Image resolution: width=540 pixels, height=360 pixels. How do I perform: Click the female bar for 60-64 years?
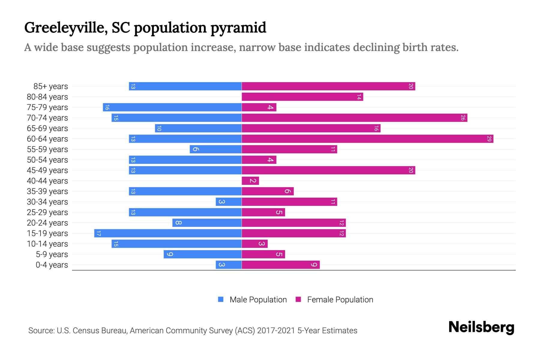click(x=367, y=139)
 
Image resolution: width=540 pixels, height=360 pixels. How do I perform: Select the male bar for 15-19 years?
click(x=168, y=233)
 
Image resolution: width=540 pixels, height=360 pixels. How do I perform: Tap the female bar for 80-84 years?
click(x=302, y=97)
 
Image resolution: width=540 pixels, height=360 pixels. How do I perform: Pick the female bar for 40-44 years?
click(x=250, y=181)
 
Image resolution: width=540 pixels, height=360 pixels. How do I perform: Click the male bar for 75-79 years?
click(x=172, y=107)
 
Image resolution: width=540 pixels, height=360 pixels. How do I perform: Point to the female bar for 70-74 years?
click(x=354, y=118)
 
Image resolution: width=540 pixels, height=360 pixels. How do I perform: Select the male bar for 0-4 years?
click(x=229, y=265)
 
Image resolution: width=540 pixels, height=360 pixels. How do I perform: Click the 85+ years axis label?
click(x=51, y=86)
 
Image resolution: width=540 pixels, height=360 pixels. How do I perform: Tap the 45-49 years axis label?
click(x=47, y=170)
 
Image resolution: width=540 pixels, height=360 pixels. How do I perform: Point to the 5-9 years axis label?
click(x=52, y=254)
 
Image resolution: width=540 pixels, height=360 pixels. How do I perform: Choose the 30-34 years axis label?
click(x=47, y=202)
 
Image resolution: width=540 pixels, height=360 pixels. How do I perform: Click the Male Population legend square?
click(x=221, y=299)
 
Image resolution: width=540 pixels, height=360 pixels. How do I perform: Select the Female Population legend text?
click(x=340, y=300)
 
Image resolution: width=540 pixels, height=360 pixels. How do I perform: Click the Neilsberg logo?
click(x=481, y=327)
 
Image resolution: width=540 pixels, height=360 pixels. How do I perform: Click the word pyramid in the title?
click(x=238, y=28)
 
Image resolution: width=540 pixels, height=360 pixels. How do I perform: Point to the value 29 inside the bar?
click(x=489, y=139)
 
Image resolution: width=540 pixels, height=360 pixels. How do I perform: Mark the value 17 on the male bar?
click(x=98, y=233)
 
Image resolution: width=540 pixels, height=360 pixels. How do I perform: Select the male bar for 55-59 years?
click(x=216, y=149)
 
